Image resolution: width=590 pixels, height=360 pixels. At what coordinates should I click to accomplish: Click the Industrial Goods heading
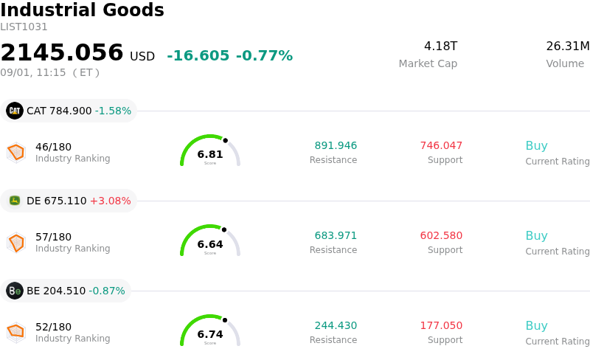click(82, 10)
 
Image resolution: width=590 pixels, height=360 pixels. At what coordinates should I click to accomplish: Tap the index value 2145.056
click(62, 52)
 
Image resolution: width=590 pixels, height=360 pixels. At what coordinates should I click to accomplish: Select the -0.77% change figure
click(264, 56)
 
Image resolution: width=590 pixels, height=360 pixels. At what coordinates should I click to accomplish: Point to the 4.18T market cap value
click(440, 46)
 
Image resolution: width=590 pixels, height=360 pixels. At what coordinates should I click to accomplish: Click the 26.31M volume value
click(568, 46)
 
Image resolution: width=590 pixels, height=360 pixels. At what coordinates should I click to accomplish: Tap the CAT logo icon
click(15, 111)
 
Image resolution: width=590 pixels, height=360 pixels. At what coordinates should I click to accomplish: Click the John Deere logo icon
click(15, 201)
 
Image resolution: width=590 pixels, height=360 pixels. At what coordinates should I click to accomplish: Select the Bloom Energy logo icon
click(15, 291)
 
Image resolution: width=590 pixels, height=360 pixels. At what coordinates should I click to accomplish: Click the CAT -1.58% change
click(114, 111)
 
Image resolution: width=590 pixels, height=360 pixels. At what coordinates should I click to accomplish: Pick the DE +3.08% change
click(111, 201)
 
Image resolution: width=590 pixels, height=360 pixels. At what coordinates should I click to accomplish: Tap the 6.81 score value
click(210, 154)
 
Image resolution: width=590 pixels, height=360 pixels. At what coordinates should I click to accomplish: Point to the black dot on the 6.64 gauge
click(224, 229)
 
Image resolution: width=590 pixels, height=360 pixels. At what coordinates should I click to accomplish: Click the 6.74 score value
click(210, 334)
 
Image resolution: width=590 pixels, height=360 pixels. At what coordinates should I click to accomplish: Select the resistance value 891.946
click(336, 145)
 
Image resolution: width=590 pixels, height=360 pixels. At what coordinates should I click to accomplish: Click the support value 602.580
click(441, 235)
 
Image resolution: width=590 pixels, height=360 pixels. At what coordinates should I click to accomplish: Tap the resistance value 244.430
click(336, 325)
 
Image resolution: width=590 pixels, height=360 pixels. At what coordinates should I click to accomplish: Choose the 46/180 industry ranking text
click(53, 147)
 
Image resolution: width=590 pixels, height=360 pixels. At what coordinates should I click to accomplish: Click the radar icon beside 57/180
click(16, 243)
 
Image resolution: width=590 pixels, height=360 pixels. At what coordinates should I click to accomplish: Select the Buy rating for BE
click(537, 326)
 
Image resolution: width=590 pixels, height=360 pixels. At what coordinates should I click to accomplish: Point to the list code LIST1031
click(24, 27)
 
